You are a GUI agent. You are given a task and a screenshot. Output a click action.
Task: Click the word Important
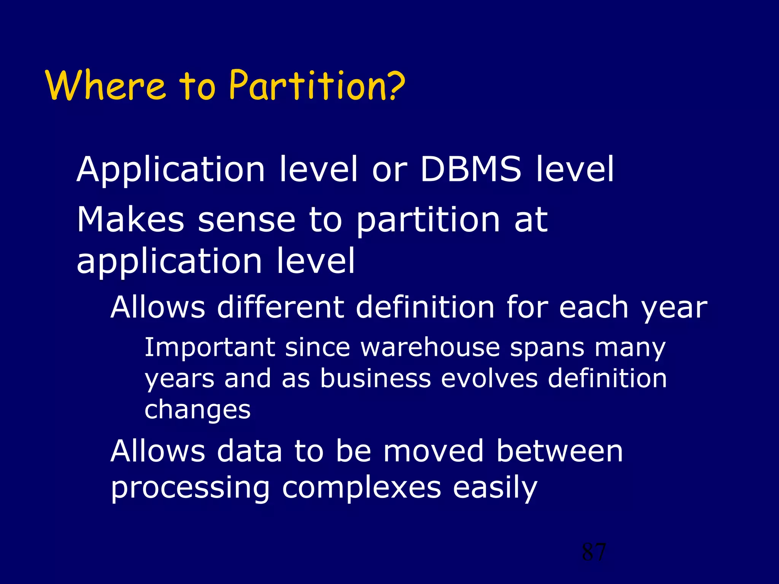click(x=210, y=348)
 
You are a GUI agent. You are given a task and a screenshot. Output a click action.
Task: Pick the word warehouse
click(x=430, y=348)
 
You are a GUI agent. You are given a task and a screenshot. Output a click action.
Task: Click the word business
click(x=375, y=378)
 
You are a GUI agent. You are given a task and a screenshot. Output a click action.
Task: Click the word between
click(x=560, y=451)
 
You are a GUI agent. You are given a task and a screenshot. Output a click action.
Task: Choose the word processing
click(x=190, y=489)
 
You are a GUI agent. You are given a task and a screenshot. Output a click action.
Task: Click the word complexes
click(x=361, y=488)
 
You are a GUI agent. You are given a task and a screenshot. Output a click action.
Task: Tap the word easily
click(x=495, y=489)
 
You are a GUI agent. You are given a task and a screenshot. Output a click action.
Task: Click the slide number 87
click(x=594, y=552)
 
